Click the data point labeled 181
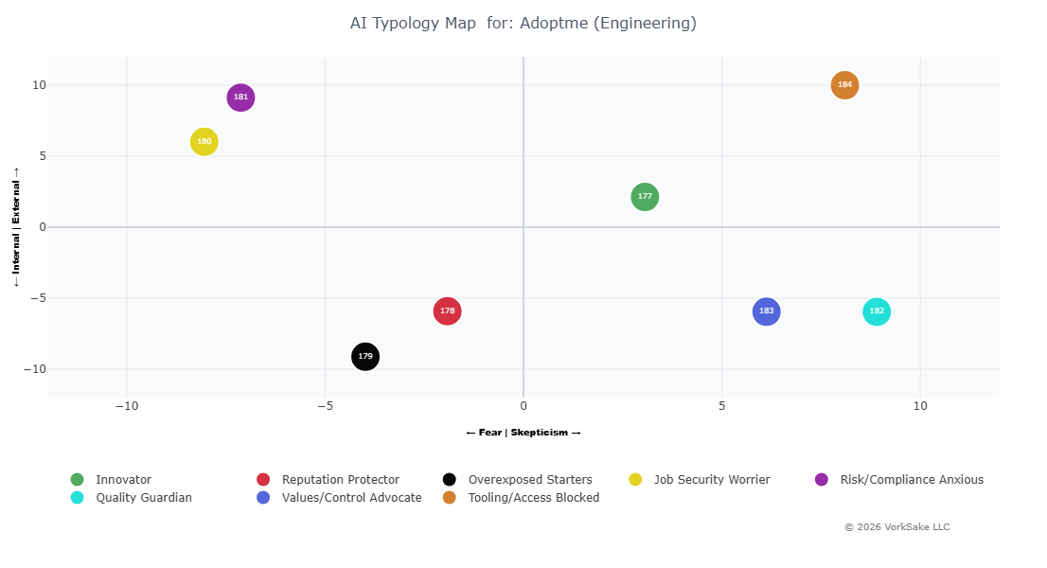pyautogui.click(x=241, y=98)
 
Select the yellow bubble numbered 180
pyautogui.click(x=204, y=142)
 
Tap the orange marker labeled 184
pyautogui.click(x=844, y=85)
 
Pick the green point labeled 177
pyautogui.click(x=645, y=197)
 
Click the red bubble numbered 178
pyautogui.click(x=448, y=311)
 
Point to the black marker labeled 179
pyautogui.click(x=365, y=357)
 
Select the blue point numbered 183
pyautogui.click(x=766, y=311)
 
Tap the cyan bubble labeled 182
pyautogui.click(x=877, y=311)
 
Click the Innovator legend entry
pyautogui.click(x=123, y=480)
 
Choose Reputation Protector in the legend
pyautogui.click(x=340, y=480)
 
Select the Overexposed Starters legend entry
pyautogui.click(x=529, y=480)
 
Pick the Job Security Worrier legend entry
pyautogui.click(x=711, y=480)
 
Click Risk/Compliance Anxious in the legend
pyautogui.click(x=911, y=480)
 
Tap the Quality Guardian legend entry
pyautogui.click(x=143, y=498)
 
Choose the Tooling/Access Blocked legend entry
pyautogui.click(x=533, y=498)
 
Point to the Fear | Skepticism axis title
pyautogui.click(x=523, y=433)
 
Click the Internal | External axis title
pyautogui.click(x=16, y=227)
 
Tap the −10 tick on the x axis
pyautogui.click(x=127, y=406)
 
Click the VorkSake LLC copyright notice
pyautogui.click(x=896, y=527)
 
